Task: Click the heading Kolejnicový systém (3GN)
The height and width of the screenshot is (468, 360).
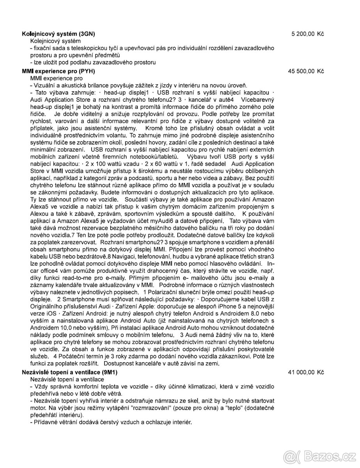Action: click(58, 34)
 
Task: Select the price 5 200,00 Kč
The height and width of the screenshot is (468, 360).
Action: click(308, 34)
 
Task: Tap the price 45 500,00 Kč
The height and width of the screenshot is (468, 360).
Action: click(306, 71)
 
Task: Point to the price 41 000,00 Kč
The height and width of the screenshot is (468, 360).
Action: click(306, 372)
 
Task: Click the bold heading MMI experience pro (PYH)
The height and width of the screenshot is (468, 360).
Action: click(59, 71)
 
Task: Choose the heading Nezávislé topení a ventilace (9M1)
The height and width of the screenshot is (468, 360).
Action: click(70, 372)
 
